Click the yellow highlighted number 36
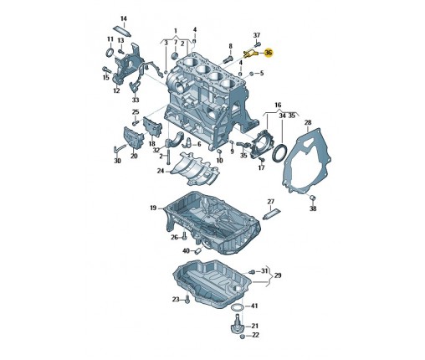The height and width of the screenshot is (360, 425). click(269, 53)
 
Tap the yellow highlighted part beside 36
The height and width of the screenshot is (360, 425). click(251, 54)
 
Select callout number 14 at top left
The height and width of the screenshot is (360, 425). click(124, 18)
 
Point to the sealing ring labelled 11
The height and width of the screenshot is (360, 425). click(110, 52)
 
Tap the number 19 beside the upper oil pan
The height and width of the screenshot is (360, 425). click(153, 208)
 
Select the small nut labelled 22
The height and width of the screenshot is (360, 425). click(243, 337)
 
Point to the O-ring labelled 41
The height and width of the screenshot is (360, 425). click(237, 307)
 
